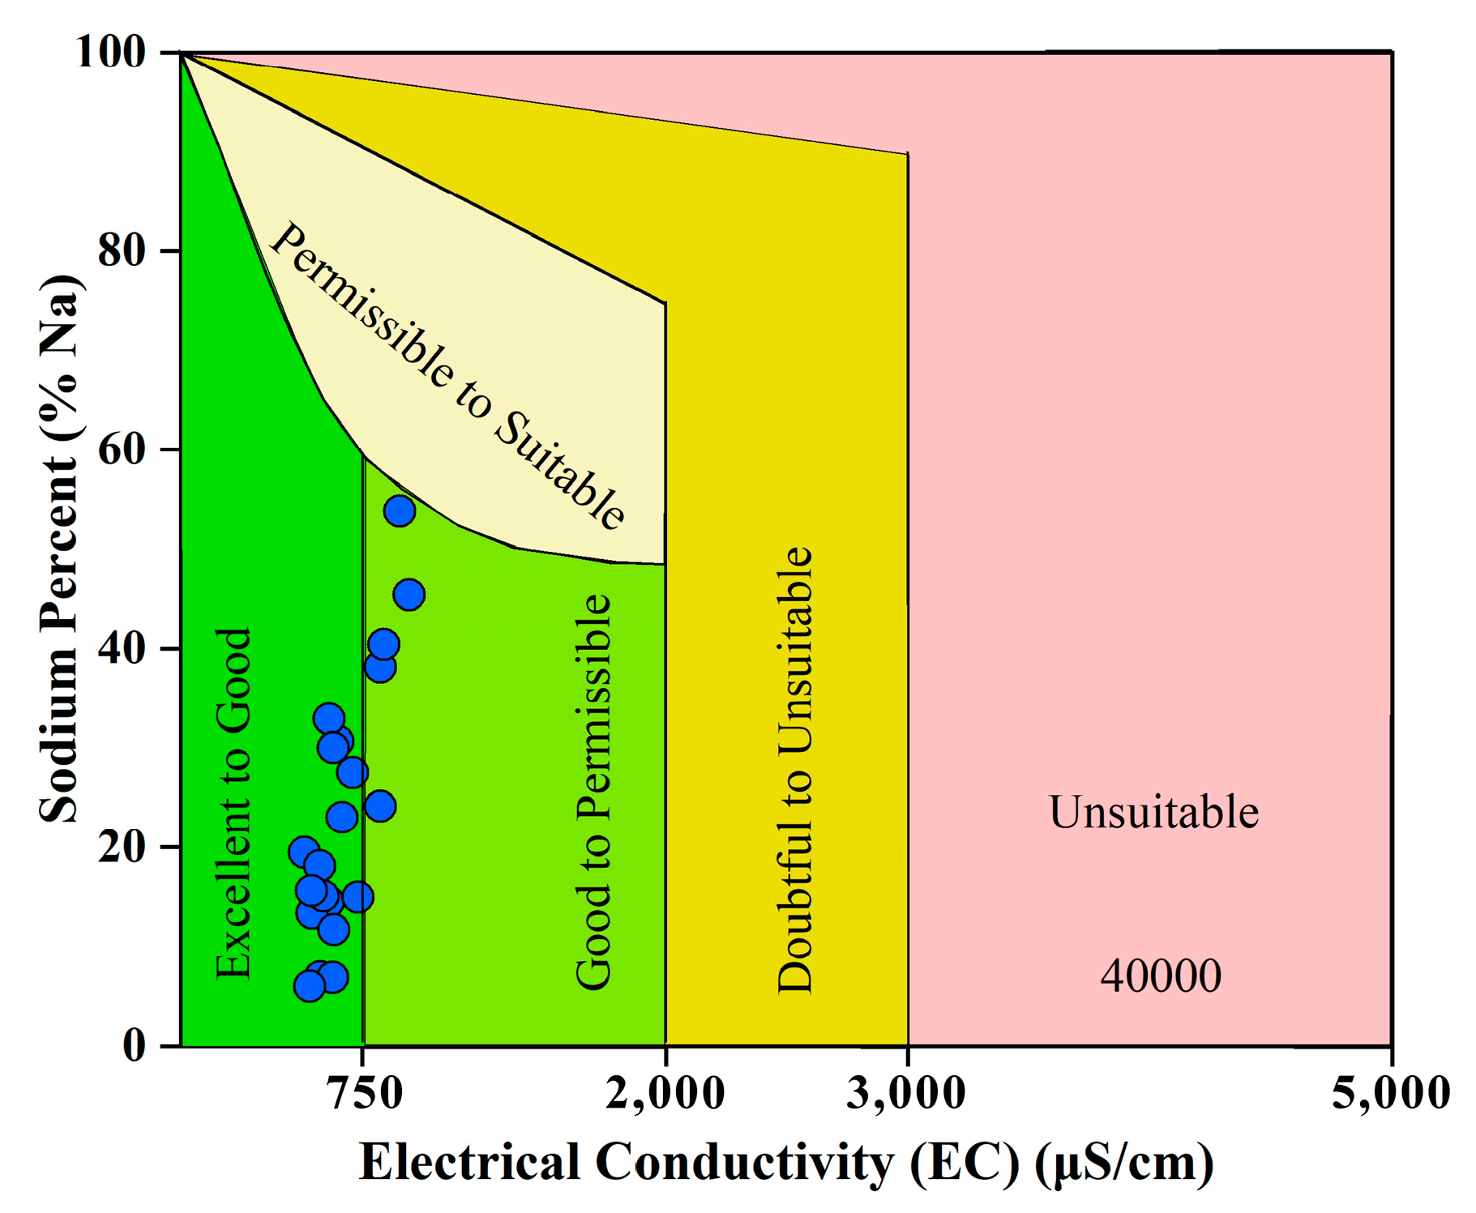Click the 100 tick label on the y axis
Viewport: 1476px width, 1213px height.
tap(110, 53)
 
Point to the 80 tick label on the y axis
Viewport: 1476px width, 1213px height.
tap(122, 251)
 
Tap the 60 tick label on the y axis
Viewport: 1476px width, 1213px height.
tap(122, 450)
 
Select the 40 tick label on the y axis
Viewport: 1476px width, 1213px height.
tap(122, 648)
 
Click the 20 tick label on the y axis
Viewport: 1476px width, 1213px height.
tap(122, 847)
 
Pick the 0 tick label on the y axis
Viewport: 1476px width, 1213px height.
tap(134, 1045)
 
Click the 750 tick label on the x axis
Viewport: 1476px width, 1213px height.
tap(364, 1093)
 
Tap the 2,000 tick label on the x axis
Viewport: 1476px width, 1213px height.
tap(665, 1093)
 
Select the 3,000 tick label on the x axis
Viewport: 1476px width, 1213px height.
tap(906, 1093)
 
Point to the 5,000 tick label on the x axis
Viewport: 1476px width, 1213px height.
tap(1391, 1093)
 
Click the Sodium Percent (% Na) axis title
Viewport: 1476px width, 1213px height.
tap(60, 549)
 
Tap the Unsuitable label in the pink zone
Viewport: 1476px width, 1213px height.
tap(1153, 813)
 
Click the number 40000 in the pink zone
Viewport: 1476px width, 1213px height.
tap(1160, 976)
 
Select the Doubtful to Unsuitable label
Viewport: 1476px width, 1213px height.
tap(794, 770)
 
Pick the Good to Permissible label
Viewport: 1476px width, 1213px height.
tap(593, 792)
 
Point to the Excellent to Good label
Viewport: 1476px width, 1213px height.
tap(233, 804)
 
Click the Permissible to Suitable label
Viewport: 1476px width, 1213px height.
tap(447, 377)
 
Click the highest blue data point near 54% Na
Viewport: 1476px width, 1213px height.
tap(400, 511)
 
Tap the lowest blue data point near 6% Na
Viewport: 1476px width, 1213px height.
tap(309, 986)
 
